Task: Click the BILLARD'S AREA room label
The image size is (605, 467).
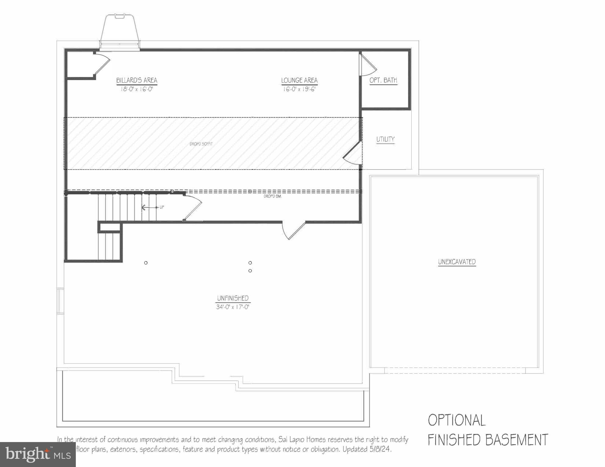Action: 137,80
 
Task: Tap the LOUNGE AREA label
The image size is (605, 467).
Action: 299,80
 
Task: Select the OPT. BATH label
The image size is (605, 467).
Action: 383,80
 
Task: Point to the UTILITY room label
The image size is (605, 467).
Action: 385,139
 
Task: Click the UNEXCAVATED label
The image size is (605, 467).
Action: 457,262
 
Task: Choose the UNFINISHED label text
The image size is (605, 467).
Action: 233,298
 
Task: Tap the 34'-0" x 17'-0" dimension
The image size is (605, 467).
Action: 233,307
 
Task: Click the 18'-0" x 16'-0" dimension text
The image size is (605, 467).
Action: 137,89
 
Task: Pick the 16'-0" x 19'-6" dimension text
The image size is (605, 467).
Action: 299,89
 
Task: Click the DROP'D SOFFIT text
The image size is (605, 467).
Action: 201,144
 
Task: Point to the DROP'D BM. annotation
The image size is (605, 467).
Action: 273,197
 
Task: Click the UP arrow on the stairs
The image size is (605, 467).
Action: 149,207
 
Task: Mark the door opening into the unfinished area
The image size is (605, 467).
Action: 293,231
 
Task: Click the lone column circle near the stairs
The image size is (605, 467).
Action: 146,263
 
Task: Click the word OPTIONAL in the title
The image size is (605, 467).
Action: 457,420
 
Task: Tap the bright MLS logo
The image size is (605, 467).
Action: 38,455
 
